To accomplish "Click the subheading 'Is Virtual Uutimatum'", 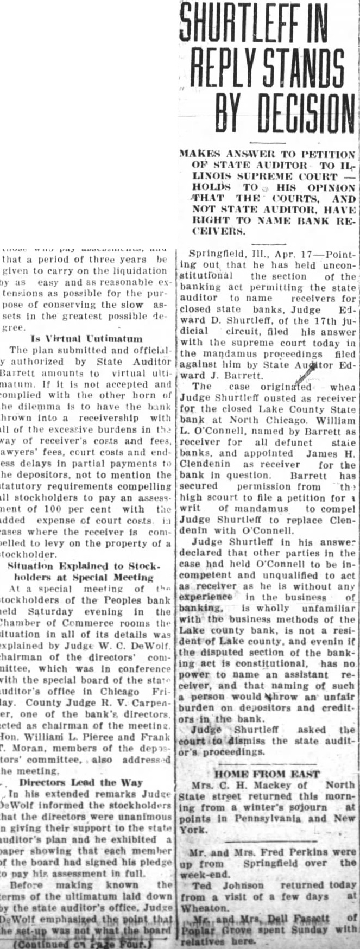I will coord(86,339).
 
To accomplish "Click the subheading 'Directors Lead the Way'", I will coord(81,782).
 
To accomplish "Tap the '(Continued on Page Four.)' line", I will coord(85,944).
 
